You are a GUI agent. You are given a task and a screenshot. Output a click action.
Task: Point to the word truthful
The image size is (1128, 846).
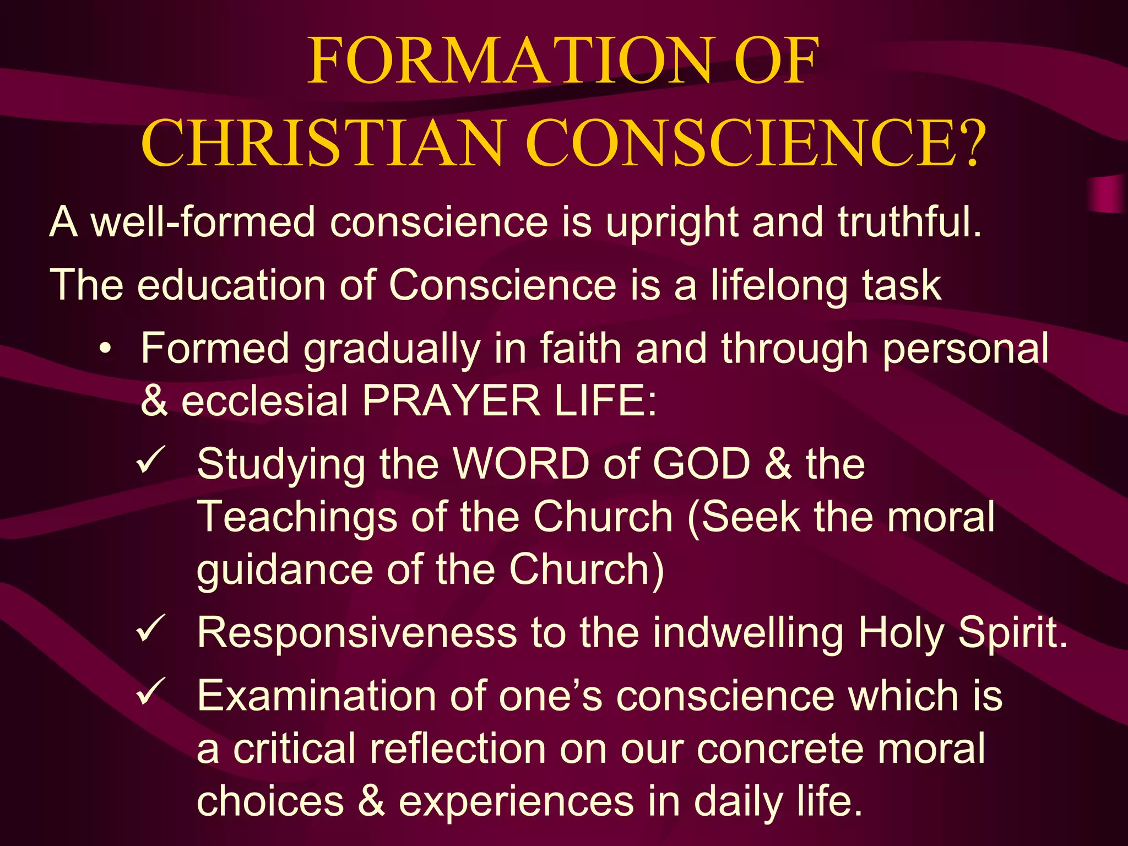[x=909, y=222]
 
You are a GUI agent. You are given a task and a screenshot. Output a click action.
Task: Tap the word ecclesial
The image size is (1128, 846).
[x=264, y=400]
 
